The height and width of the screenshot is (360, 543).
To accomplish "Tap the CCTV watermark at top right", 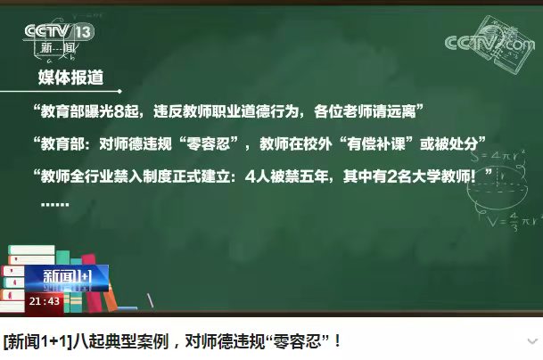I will (481, 42).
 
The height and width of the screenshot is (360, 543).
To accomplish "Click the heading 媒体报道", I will (70, 78).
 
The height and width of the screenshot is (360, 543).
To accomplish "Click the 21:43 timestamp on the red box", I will (45, 301).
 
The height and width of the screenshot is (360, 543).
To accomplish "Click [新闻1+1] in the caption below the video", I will (38, 341).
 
